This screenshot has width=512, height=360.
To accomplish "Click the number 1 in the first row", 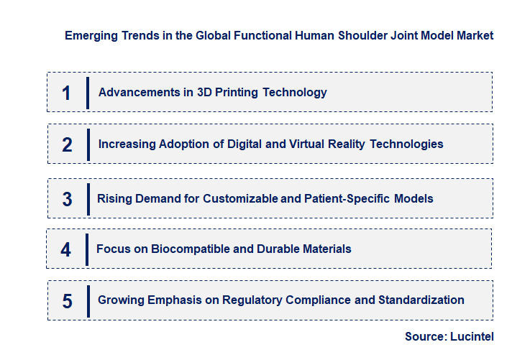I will tap(66, 93).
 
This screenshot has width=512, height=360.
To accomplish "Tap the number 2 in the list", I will tap(67, 144).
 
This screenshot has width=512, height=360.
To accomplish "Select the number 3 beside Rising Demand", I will tap(67, 199).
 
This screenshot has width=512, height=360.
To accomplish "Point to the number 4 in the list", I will tap(66, 249).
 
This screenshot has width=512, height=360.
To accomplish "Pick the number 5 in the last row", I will tap(67, 301).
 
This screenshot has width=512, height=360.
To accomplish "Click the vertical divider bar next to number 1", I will tap(87, 93).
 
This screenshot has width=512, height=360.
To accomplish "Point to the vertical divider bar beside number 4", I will tap(86, 249).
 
